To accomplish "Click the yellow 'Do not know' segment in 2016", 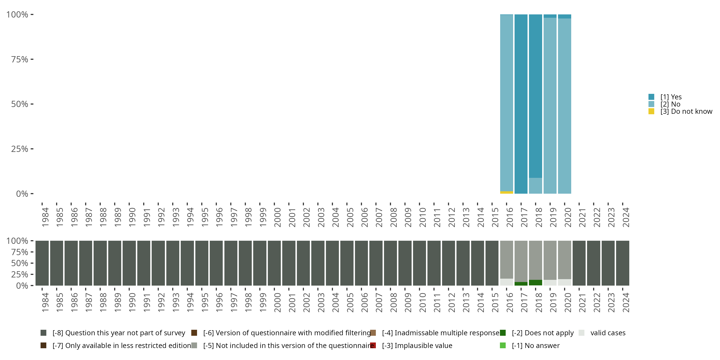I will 506,192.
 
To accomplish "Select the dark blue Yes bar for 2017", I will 521,104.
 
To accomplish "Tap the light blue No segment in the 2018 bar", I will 535,186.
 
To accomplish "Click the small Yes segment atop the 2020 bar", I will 564,17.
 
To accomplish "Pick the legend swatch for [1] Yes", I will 651,97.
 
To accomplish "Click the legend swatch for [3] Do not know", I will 651,112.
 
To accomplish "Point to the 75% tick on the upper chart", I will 32,59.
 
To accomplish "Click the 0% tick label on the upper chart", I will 22,194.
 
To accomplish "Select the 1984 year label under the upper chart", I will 45,217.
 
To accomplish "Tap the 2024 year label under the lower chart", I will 626,302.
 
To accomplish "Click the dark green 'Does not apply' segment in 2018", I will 535,282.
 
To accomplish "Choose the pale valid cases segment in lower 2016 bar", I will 506,282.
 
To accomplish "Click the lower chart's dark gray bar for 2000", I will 274,263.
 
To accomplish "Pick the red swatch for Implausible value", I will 373,345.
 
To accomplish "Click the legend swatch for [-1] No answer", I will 503,345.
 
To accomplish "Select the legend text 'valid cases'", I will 608,333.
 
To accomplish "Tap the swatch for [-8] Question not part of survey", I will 43,333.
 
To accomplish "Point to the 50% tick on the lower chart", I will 32,263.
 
